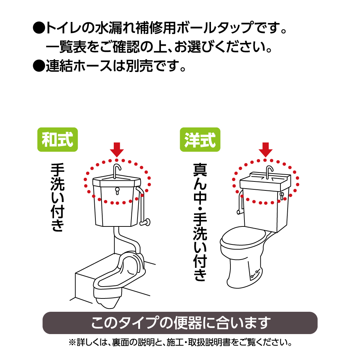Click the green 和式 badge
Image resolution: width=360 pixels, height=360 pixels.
pos(58,140)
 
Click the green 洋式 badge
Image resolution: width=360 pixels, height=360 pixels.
pos(200,140)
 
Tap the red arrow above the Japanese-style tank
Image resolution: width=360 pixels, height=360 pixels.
pos(117,150)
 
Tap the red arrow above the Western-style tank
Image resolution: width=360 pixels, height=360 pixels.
pos(266,150)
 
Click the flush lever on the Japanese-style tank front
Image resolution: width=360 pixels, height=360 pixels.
pos(117,191)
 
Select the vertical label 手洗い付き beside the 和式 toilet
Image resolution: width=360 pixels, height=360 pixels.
pos(57,197)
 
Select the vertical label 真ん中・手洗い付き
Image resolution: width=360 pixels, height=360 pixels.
pos(200,222)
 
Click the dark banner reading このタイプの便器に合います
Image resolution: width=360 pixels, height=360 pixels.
pos(180,323)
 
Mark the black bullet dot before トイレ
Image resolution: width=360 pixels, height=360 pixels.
pos(39,28)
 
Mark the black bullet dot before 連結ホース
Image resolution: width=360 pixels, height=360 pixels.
pos(39,66)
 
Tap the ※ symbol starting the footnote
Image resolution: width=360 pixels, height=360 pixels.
pos(72,343)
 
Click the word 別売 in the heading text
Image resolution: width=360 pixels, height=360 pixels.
pos(139,66)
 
